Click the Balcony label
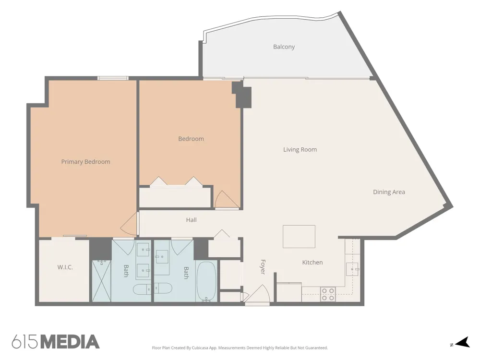tap(284, 47)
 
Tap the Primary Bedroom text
tap(86, 162)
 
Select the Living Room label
tap(300, 150)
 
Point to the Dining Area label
tap(389, 192)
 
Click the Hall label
tap(192, 220)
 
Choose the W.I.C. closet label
tap(65, 267)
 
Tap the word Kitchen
tap(312, 263)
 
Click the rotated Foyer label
tap(263, 267)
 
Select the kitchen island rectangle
tap(299, 236)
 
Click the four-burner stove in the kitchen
tap(328, 294)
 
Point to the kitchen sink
tap(352, 269)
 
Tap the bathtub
tap(206, 281)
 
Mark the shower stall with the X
tap(101, 281)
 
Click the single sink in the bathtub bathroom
tap(162, 256)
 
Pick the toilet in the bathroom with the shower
tap(142, 289)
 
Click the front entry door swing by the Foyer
tap(257, 293)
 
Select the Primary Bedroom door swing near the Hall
tap(129, 224)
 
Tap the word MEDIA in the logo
tap(70, 342)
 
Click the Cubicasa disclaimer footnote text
tap(240, 348)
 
